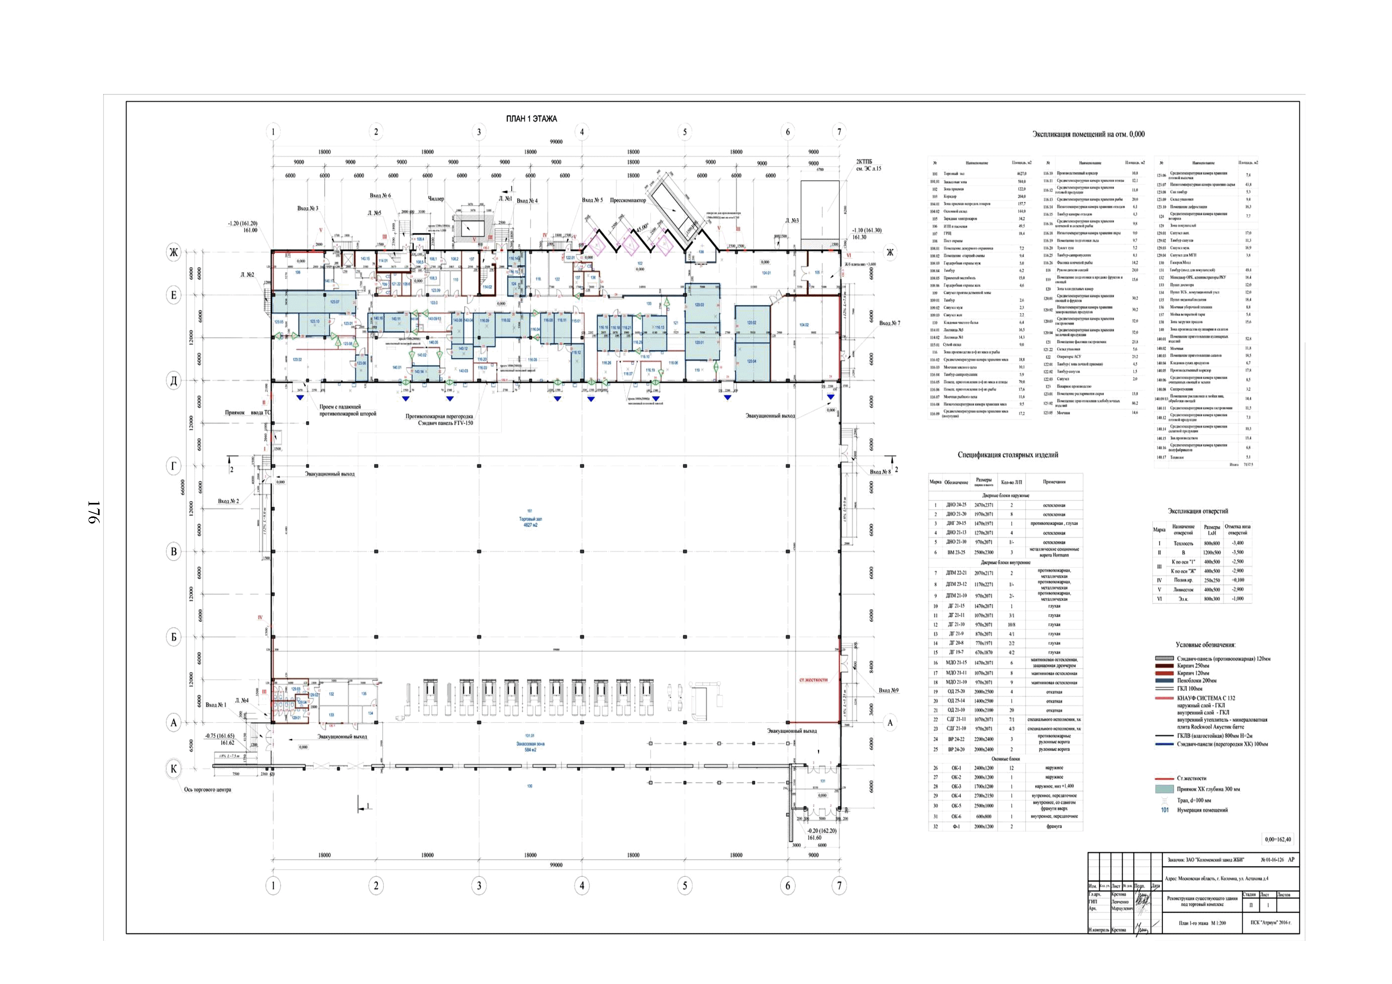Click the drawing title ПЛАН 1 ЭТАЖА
click(531, 119)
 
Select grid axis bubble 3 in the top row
click(479, 132)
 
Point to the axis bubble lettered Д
click(174, 380)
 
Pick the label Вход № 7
click(889, 323)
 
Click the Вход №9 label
click(888, 690)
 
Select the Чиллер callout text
click(436, 199)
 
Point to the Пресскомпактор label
click(628, 200)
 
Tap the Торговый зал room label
click(531, 519)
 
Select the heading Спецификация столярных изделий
click(1008, 455)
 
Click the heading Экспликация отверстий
click(1198, 511)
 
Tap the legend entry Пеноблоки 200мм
click(1198, 681)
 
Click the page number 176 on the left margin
click(94, 512)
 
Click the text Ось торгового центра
click(207, 790)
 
